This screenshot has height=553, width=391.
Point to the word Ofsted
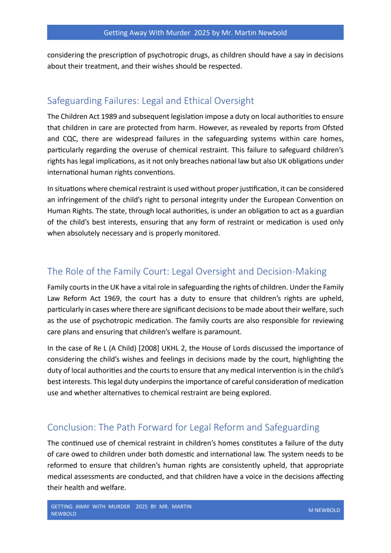[x=332, y=127]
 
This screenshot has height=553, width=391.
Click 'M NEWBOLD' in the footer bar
[x=323, y=510]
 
